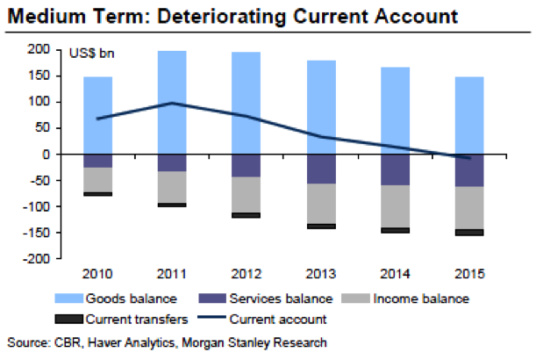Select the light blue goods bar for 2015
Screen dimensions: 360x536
(470, 115)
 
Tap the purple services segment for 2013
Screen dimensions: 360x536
(321, 169)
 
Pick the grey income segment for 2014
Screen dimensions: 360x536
(396, 206)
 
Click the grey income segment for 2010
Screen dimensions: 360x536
(97, 180)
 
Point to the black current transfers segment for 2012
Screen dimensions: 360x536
(247, 215)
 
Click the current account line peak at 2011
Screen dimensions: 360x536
(171, 103)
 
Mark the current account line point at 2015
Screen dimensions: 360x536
(470, 158)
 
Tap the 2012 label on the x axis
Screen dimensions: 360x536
(247, 274)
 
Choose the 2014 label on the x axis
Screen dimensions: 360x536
(396, 274)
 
